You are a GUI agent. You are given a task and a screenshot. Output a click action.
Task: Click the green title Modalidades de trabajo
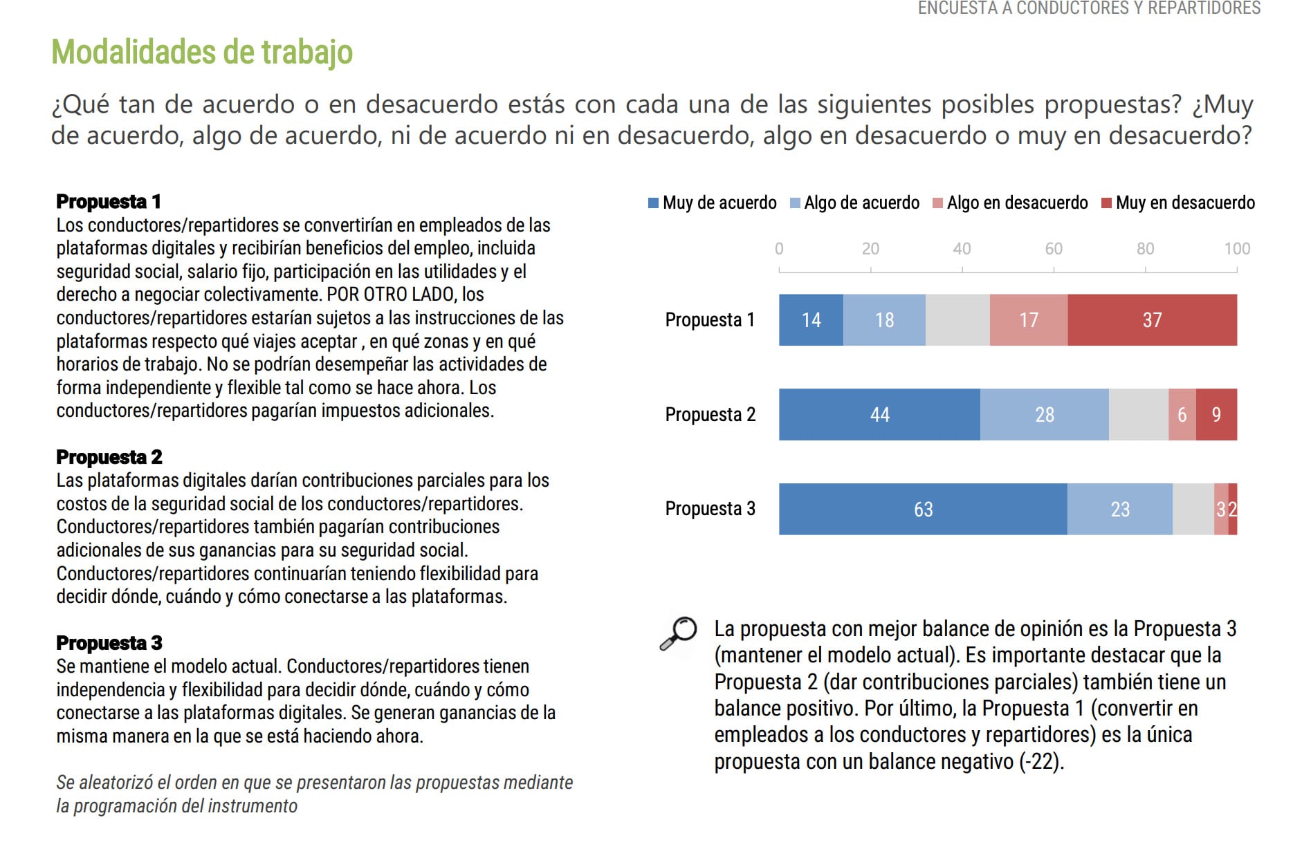point(202,52)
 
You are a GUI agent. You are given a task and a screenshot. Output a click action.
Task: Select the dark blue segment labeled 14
point(811,320)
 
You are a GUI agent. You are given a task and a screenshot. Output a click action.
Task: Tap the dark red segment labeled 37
point(1152,320)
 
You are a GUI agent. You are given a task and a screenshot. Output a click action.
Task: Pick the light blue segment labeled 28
point(1044,415)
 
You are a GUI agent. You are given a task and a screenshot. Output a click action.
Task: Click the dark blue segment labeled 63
point(923,510)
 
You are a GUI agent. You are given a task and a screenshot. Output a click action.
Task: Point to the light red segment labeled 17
point(1029,320)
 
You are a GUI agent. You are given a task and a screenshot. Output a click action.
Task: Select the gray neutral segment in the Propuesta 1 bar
point(957,320)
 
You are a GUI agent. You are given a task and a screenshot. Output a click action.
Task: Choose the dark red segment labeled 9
point(1216,415)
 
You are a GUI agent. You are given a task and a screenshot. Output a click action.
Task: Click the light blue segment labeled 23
point(1120,510)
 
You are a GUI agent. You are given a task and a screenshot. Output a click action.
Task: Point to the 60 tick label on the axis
point(1053,249)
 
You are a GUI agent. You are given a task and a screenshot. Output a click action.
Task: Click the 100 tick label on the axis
point(1236,249)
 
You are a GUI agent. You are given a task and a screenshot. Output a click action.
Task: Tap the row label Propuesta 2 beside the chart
point(710,415)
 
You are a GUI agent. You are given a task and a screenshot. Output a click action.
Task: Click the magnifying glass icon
point(679,633)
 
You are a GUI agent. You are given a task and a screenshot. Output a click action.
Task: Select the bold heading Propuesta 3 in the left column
point(109,643)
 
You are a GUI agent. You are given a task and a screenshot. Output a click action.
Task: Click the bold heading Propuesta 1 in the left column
point(109,202)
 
